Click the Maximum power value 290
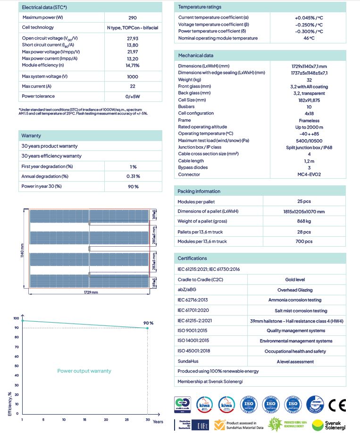click(132, 17)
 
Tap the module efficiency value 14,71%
click(132, 65)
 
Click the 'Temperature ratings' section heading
click(199, 7)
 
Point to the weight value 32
click(309, 80)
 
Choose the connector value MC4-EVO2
click(309, 174)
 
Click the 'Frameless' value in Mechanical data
click(309, 120)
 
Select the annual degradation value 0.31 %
click(133, 176)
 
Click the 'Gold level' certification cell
click(296, 280)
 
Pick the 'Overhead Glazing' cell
click(296, 290)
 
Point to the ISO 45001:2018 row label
click(193, 351)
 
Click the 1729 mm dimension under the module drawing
click(91, 292)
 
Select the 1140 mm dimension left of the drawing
click(22, 247)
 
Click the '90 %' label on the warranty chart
click(149, 323)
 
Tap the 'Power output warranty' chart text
click(84, 371)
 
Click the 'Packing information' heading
click(199, 191)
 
